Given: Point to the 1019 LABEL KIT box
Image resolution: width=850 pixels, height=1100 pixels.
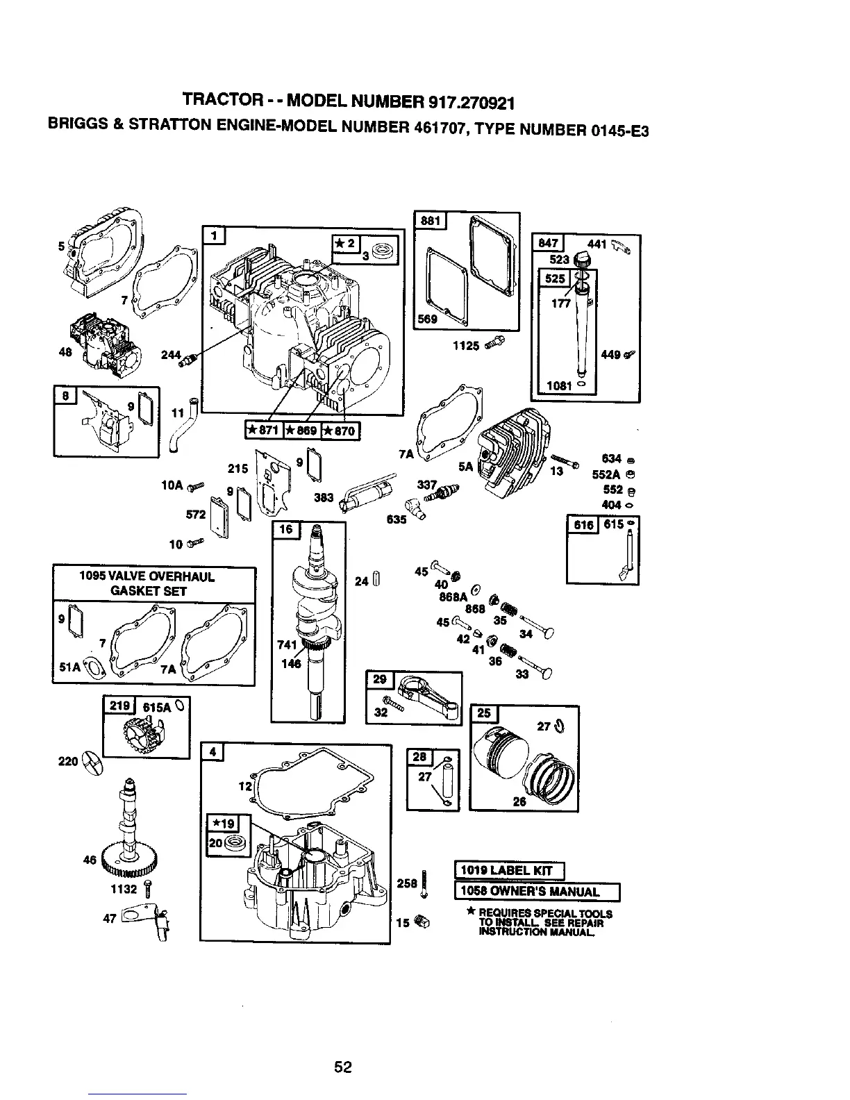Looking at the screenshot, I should pos(510,870).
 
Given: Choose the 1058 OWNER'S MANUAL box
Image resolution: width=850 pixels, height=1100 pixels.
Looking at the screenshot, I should pos(536,892).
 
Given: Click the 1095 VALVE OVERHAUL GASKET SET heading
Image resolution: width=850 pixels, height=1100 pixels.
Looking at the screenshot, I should pos(154,584).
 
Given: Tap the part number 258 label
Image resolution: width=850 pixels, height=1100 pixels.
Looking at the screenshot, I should pos(407,883).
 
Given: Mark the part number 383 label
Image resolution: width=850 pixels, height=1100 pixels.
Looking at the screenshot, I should pos(324,497).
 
